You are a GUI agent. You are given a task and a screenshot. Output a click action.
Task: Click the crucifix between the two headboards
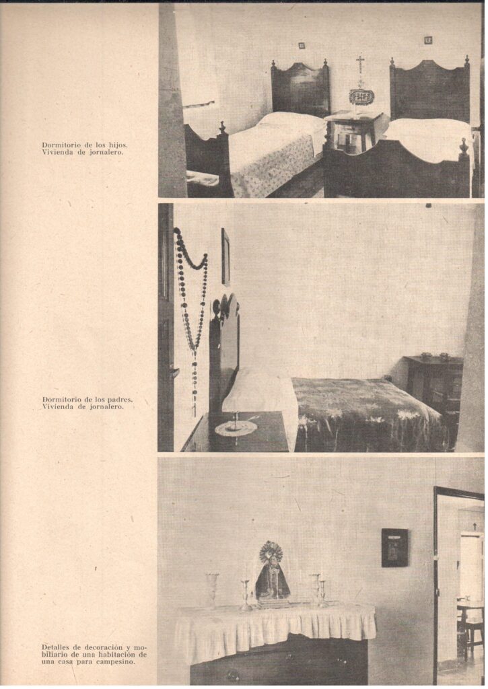click(x=361, y=66)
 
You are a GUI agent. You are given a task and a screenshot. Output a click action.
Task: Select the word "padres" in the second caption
click(x=120, y=400)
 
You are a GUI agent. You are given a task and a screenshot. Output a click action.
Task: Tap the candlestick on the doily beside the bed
click(x=236, y=422)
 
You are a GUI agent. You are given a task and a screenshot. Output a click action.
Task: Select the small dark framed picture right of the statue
click(x=394, y=547)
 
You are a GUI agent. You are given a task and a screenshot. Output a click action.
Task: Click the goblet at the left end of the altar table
click(x=213, y=589)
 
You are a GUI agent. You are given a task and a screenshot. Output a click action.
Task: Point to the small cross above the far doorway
click(x=474, y=525)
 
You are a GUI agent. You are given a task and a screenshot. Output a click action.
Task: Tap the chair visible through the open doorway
click(x=472, y=632)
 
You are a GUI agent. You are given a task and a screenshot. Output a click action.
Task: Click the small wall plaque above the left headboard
click(x=302, y=45)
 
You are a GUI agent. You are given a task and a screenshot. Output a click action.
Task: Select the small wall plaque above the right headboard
click(x=427, y=40)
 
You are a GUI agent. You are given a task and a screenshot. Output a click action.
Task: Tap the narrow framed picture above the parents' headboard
click(x=225, y=257)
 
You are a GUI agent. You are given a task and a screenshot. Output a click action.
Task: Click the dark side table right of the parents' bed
click(x=433, y=382)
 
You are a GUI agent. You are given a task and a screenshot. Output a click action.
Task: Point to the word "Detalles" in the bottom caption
click(x=57, y=647)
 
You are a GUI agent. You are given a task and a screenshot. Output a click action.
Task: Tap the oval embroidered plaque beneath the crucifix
click(x=361, y=96)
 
